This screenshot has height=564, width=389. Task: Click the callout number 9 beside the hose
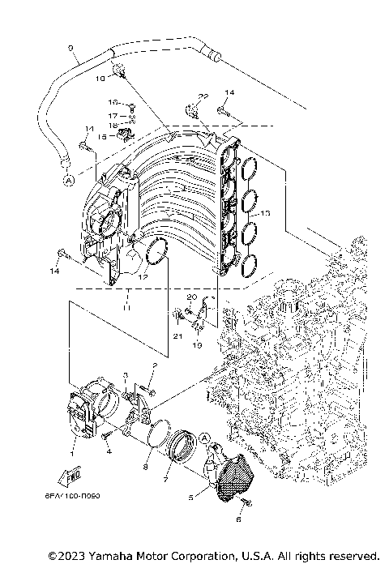tap(71, 48)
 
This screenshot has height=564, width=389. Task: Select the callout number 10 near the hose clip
tap(101, 79)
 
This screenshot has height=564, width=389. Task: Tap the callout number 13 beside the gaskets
tap(265, 213)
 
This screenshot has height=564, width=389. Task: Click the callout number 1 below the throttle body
tap(74, 442)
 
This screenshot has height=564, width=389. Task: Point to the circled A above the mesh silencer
tap(205, 438)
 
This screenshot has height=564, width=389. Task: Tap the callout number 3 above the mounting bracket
tap(126, 375)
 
